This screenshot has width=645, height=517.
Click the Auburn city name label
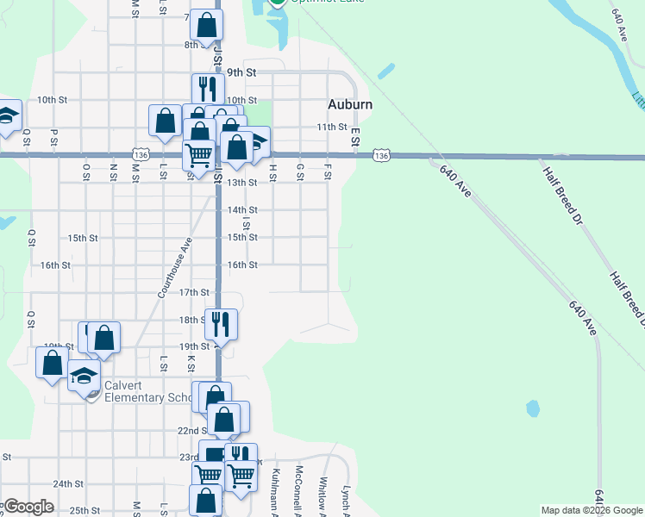pyautogui.click(x=350, y=104)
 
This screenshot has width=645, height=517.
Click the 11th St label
pyautogui.click(x=330, y=127)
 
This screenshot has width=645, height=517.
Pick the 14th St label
pyautogui.click(x=242, y=209)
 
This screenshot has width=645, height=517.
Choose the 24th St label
pyautogui.click(x=67, y=484)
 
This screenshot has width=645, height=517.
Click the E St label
pyautogui.click(x=354, y=135)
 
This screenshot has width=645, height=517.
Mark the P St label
pyautogui.click(x=53, y=135)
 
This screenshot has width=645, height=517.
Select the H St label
pyautogui.click(x=272, y=171)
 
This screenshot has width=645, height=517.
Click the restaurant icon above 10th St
pyautogui.click(x=208, y=88)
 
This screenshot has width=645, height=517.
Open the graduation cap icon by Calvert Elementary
pyautogui.click(x=85, y=377)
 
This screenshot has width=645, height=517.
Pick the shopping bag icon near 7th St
pyautogui.click(x=207, y=25)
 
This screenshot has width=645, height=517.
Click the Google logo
pyautogui.click(x=28, y=507)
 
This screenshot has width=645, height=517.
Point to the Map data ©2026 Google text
pyautogui.click(x=591, y=510)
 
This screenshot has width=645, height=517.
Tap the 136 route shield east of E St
pyautogui.click(x=383, y=155)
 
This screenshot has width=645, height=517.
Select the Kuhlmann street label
pyautogui.click(x=275, y=488)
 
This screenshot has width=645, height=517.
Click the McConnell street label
pyautogui.click(x=298, y=488)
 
